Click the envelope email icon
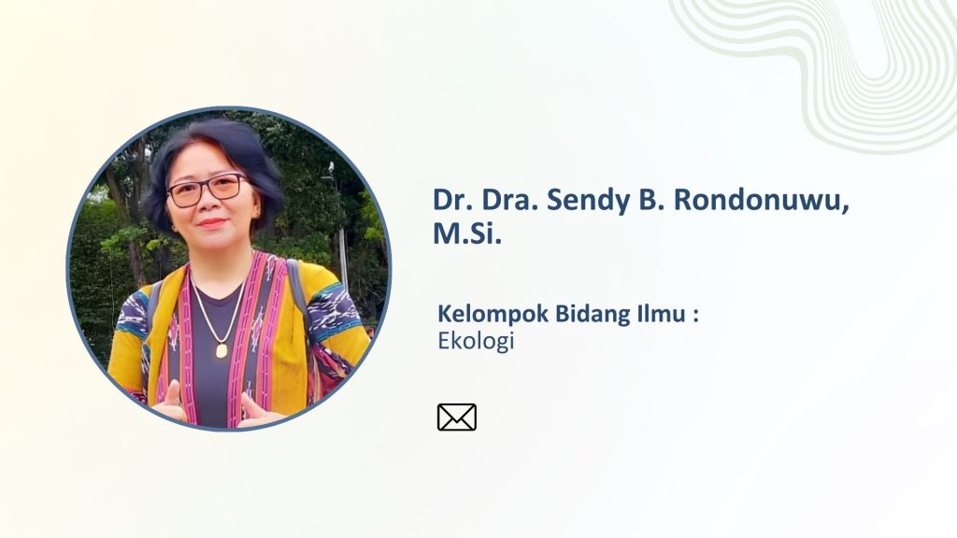[x=456, y=418]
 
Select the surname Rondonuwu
[x=757, y=201]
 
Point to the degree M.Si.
[x=467, y=234]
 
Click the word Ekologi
[x=476, y=341]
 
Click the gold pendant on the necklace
[x=221, y=350]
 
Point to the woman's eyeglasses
[x=207, y=190]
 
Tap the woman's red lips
[x=212, y=222]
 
